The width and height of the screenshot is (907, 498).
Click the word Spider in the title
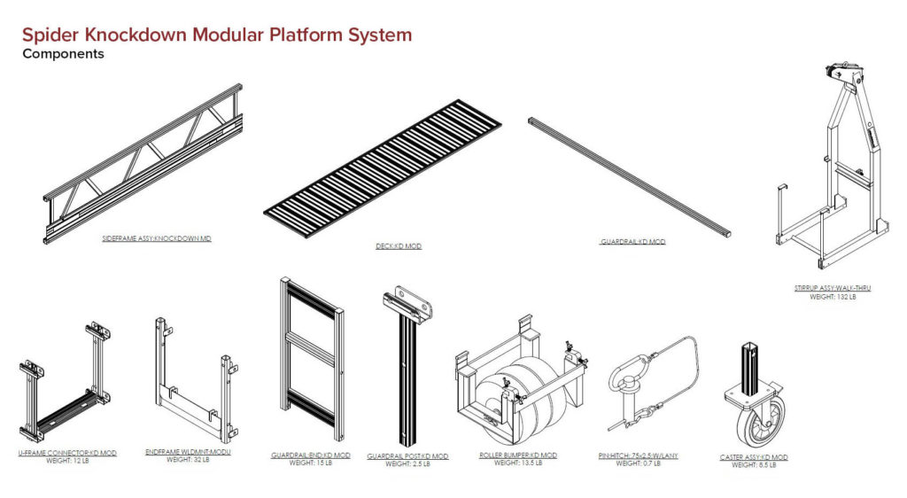click(x=51, y=35)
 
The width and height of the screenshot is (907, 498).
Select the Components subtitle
click(x=63, y=54)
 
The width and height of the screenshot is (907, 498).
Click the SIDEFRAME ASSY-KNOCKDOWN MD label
click(x=157, y=239)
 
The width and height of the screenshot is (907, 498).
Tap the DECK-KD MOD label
click(x=398, y=246)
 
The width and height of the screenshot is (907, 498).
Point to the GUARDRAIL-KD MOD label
click(x=632, y=242)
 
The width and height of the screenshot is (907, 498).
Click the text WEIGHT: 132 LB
click(x=833, y=297)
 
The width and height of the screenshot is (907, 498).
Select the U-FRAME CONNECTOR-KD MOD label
click(x=67, y=453)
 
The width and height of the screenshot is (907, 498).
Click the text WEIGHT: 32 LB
click(x=188, y=460)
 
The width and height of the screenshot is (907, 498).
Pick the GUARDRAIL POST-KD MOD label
click(x=407, y=456)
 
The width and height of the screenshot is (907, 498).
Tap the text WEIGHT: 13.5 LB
click(x=517, y=463)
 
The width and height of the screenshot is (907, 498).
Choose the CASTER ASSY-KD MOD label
click(x=754, y=457)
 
